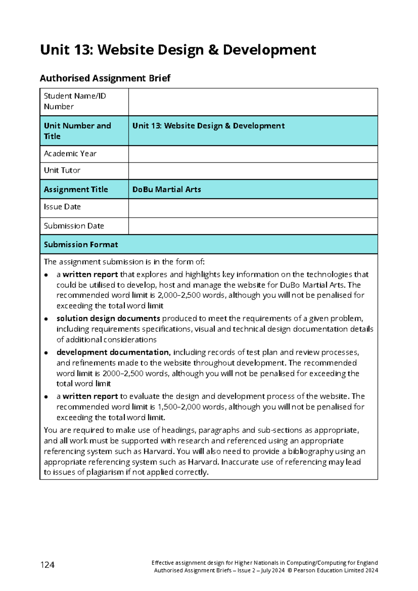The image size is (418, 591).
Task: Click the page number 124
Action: coord(47,565)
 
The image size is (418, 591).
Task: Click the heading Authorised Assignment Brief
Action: coord(105,78)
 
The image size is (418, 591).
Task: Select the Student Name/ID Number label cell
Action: coord(84,101)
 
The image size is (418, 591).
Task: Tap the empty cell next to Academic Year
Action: coord(253,154)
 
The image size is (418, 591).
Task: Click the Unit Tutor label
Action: coord(62,170)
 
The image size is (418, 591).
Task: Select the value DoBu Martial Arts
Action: coord(167,190)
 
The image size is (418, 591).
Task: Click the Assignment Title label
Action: coord(76,190)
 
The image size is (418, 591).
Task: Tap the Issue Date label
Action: coord(62,207)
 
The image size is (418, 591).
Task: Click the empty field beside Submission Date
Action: coord(253,226)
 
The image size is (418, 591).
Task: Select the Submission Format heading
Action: coord(81,245)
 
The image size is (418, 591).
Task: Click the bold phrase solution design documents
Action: coord(108,318)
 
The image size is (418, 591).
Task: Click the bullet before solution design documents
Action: coord(46,319)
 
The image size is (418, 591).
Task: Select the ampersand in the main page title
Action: coord(213,50)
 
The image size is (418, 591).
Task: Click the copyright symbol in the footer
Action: coord(290,571)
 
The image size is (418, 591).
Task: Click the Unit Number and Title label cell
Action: coord(84,131)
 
